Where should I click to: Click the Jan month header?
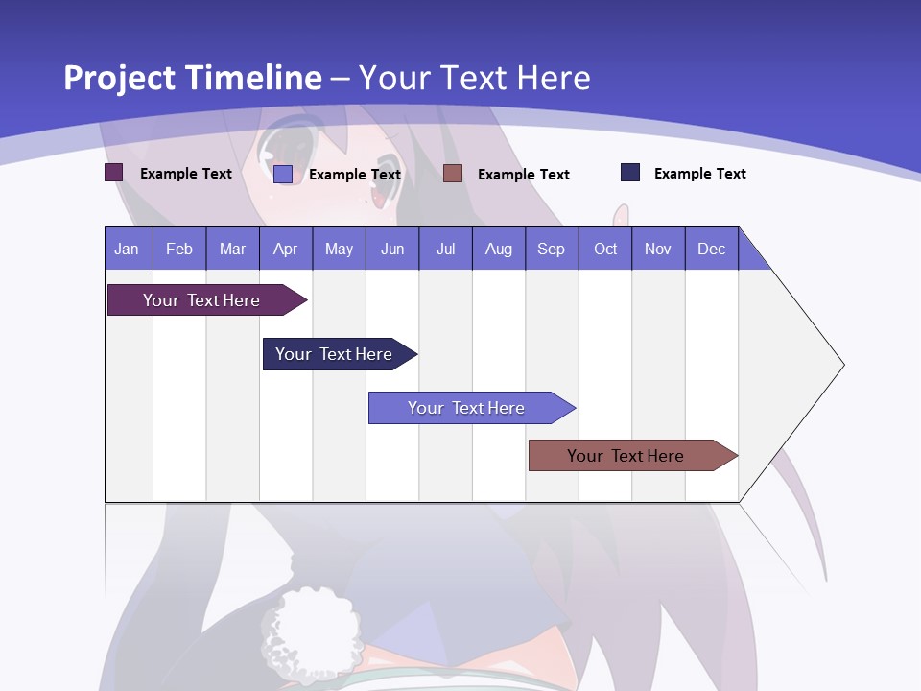127,249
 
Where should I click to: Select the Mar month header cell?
232,249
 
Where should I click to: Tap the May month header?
339,249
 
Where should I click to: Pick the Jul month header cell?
445,249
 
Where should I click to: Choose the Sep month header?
551,249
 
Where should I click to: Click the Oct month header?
605,249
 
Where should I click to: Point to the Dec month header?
711,249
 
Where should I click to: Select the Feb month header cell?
179,249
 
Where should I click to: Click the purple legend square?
114,173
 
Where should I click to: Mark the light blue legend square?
283,174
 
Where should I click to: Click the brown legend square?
453,173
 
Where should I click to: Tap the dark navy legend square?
630,173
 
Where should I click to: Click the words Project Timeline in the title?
192,78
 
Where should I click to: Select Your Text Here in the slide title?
474,78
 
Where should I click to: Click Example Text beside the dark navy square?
699,174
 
